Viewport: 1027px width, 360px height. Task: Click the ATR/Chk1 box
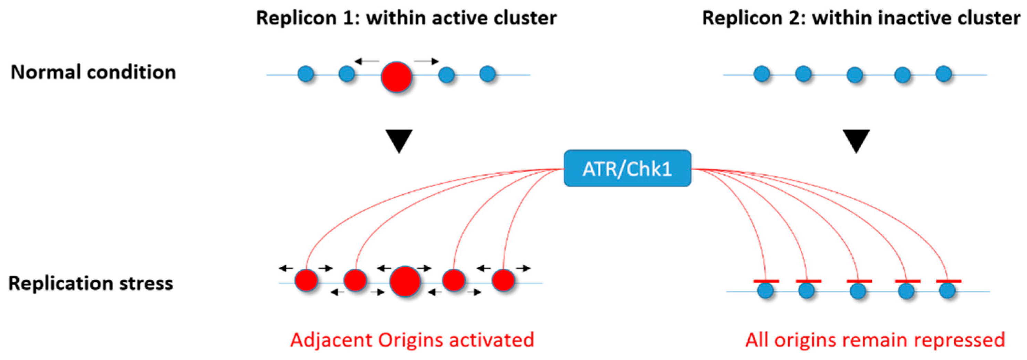pos(627,168)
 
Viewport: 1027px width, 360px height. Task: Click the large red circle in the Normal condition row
pos(396,77)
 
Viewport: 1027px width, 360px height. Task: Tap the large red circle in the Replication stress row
pos(405,281)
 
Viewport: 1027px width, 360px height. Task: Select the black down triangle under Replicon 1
pos(399,140)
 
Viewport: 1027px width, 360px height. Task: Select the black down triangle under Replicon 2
pos(856,140)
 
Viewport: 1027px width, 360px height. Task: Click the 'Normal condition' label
pos(93,72)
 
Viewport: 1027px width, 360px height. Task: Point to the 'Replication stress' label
pos(91,284)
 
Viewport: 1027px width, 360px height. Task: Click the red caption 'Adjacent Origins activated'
pos(412,340)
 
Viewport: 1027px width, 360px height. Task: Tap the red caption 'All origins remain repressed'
pos(875,340)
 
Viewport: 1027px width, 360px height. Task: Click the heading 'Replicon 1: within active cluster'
pos(406,18)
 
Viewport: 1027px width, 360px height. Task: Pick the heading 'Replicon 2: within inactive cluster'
pos(861,18)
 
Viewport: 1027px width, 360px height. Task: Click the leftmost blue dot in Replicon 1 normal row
pos(306,74)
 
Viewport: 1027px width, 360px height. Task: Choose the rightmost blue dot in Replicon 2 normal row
pos(944,74)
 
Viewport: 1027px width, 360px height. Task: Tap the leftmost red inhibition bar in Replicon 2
pos(766,281)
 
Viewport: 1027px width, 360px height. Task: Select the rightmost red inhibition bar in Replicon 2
pos(948,281)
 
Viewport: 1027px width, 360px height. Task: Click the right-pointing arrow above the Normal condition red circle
pos(426,61)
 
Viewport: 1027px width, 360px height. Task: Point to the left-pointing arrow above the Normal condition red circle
pos(367,61)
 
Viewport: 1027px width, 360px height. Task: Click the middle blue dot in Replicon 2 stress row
pos(858,291)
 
